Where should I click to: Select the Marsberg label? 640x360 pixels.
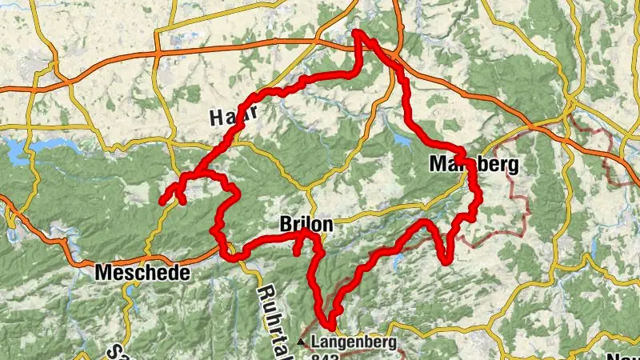(474, 165)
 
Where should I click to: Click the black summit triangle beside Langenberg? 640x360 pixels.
(302, 342)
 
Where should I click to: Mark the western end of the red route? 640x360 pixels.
(160, 202)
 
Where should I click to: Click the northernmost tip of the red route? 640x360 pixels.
(357, 33)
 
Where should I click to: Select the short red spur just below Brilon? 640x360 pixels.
(297, 248)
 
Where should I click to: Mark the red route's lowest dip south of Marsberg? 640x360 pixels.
(445, 259)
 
